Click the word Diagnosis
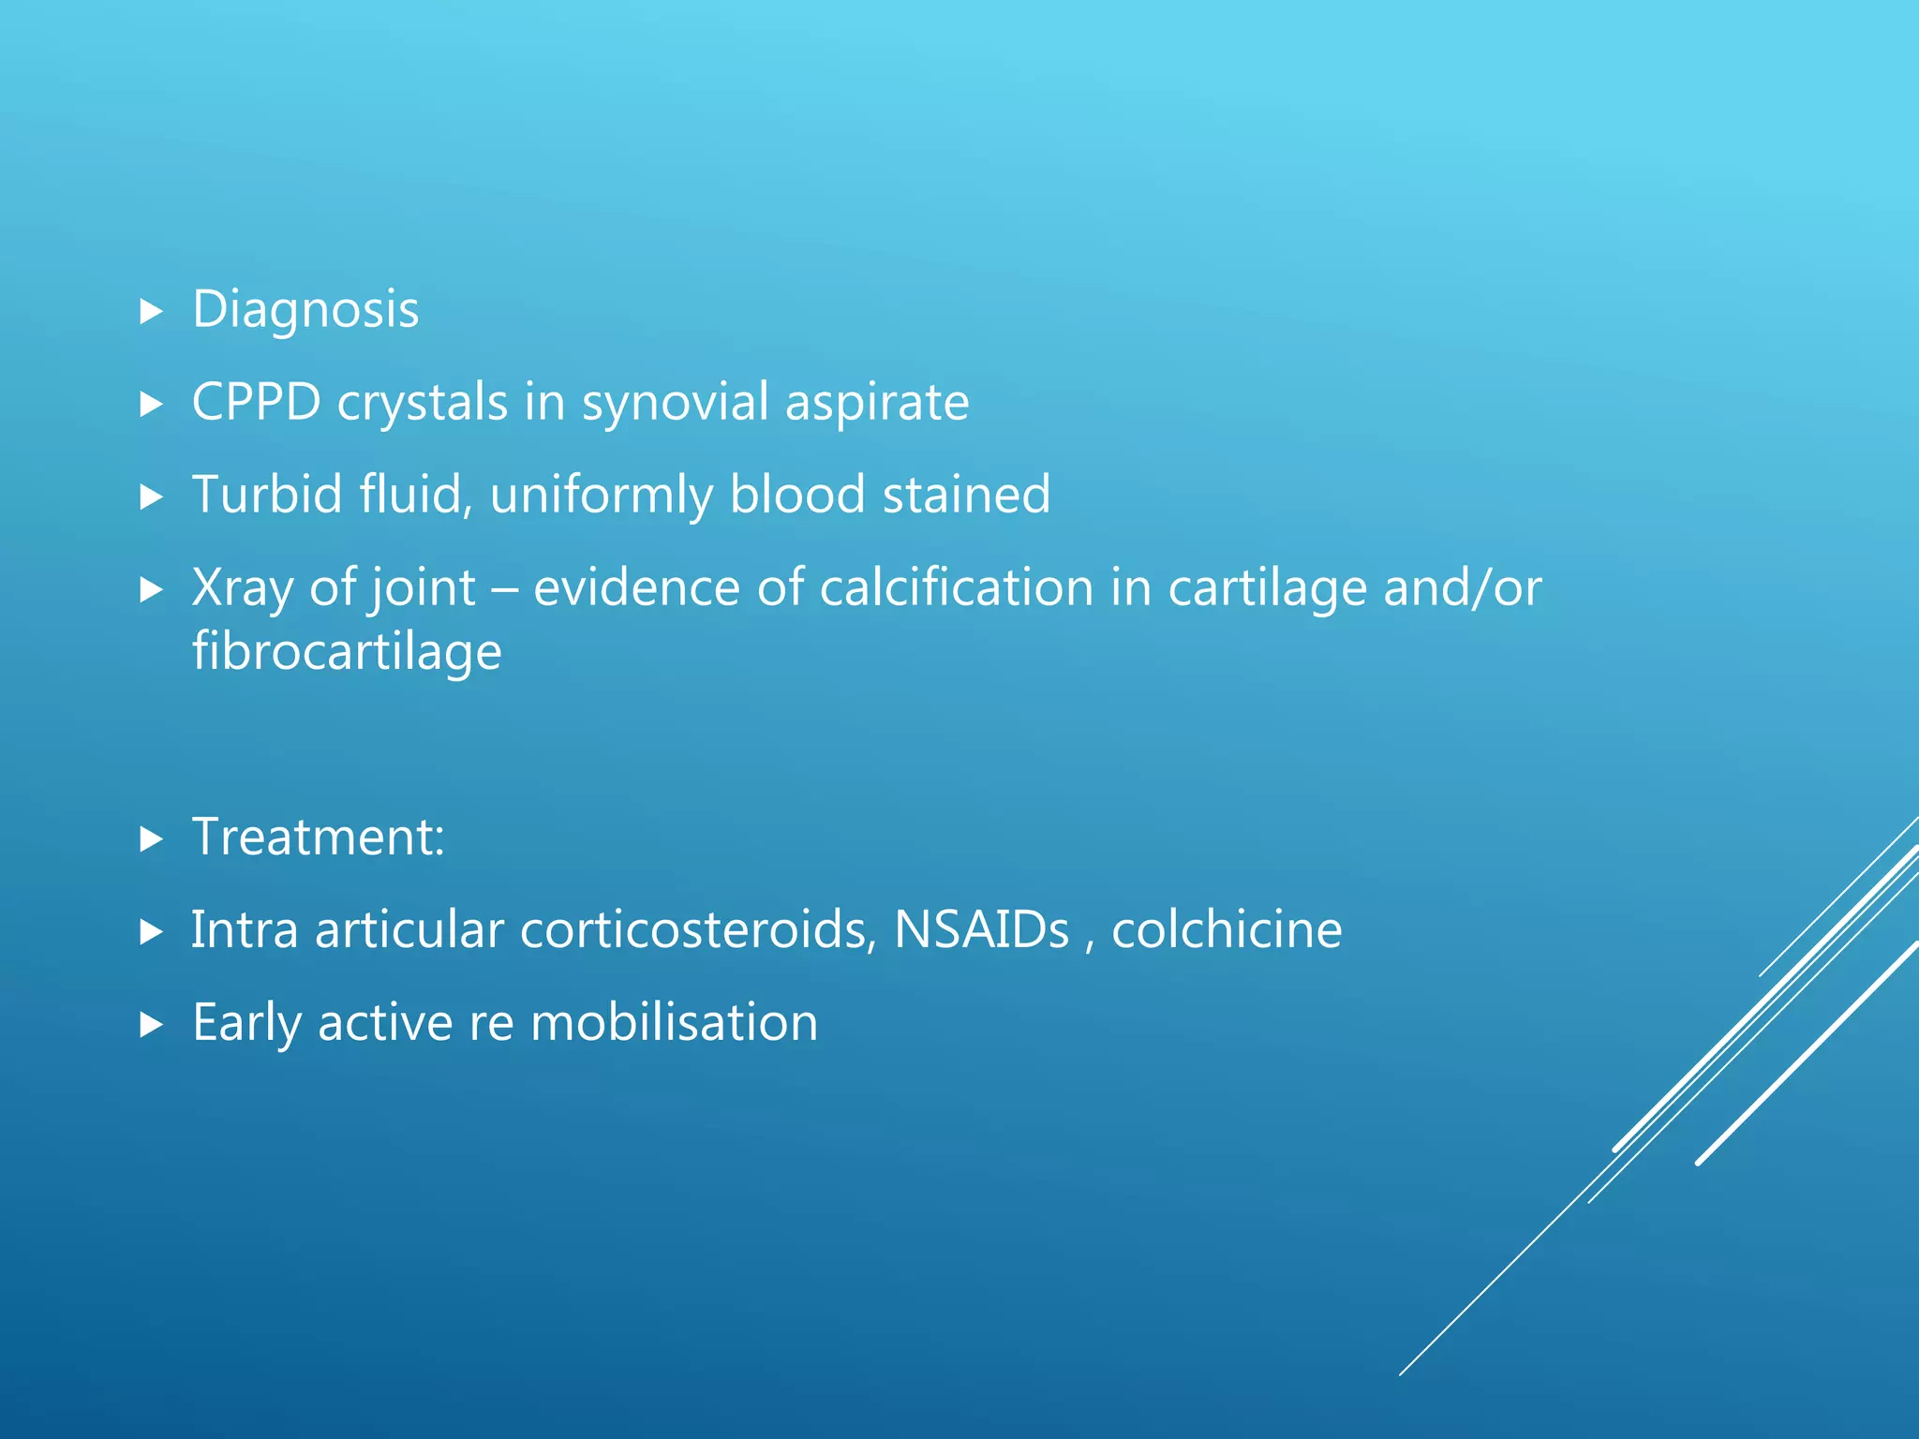[305, 310]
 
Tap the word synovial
[675, 403]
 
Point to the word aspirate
[876, 403]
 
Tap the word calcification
[957, 588]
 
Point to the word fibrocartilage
[347, 651]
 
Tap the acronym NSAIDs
[981, 929]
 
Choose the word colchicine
[1227, 929]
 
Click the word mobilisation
[674, 1022]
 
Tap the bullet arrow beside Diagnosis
[151, 312]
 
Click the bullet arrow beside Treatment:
[151, 838]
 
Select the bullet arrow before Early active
[151, 1024]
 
